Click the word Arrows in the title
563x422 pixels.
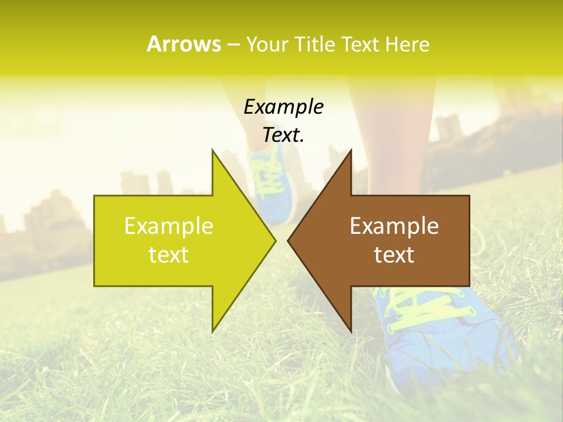[x=184, y=44]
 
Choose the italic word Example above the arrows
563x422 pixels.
[x=283, y=107]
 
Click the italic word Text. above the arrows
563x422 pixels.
[x=283, y=135]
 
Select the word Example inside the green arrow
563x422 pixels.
[x=169, y=226]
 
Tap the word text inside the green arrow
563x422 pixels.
[x=169, y=255]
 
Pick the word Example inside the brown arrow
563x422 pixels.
[x=394, y=226]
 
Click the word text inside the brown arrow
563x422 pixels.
[x=394, y=255]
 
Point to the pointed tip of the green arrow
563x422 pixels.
[x=274, y=240]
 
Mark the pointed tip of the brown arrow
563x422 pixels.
[x=289, y=240]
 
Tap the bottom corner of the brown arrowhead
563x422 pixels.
[x=351, y=331]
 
